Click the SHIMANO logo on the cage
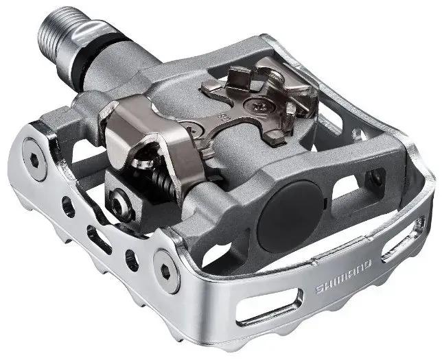pyautogui.click(x=343, y=278)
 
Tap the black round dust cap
pyautogui.click(x=290, y=216)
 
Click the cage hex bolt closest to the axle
pyautogui.click(x=35, y=158)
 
